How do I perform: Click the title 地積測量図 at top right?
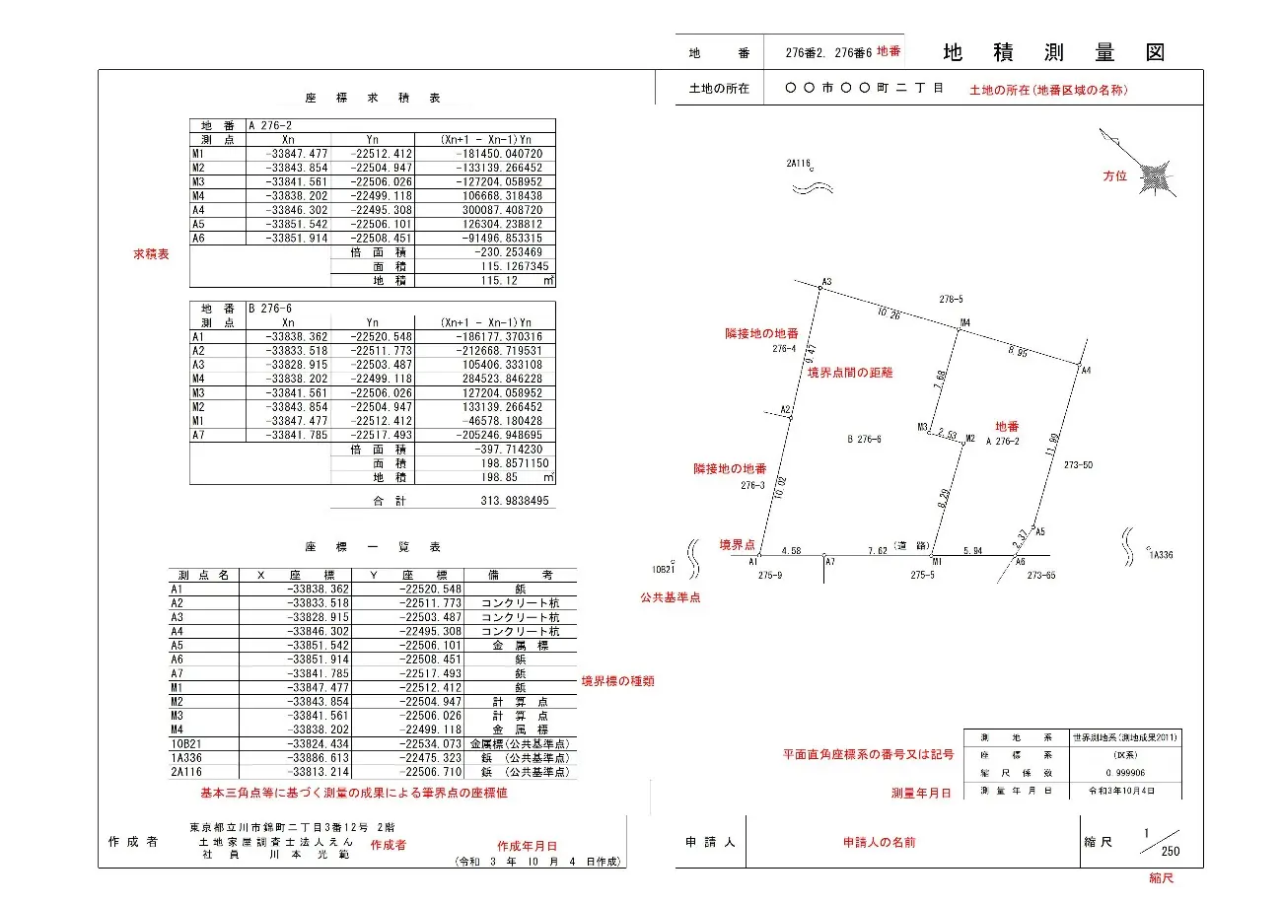click(1053, 52)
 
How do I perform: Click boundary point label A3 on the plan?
click(827, 282)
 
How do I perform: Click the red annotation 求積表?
click(151, 254)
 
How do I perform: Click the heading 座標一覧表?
click(373, 546)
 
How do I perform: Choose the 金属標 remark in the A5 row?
click(520, 645)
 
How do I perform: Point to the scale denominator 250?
click(1171, 852)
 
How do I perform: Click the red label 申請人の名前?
click(879, 843)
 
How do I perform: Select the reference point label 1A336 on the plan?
click(1161, 555)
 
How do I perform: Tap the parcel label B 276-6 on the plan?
click(864, 439)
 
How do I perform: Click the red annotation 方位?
click(1114, 175)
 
